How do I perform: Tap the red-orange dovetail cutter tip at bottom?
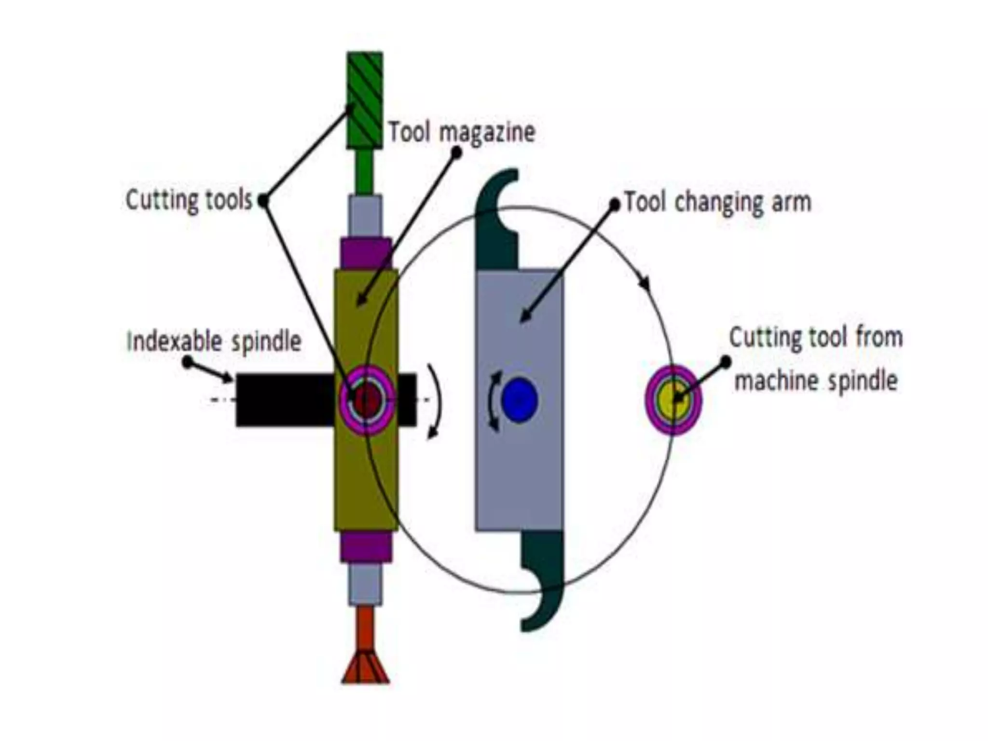point(365,668)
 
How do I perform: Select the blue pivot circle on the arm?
point(519,400)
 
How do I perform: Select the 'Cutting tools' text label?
point(189,200)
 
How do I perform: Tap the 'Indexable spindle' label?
point(214,341)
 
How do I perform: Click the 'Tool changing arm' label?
point(718,202)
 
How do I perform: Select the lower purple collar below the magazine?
point(366,548)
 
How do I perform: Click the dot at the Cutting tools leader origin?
point(263,200)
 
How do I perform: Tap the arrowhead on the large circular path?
point(645,285)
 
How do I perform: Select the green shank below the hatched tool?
point(365,171)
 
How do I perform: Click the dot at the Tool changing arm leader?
point(614,205)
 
